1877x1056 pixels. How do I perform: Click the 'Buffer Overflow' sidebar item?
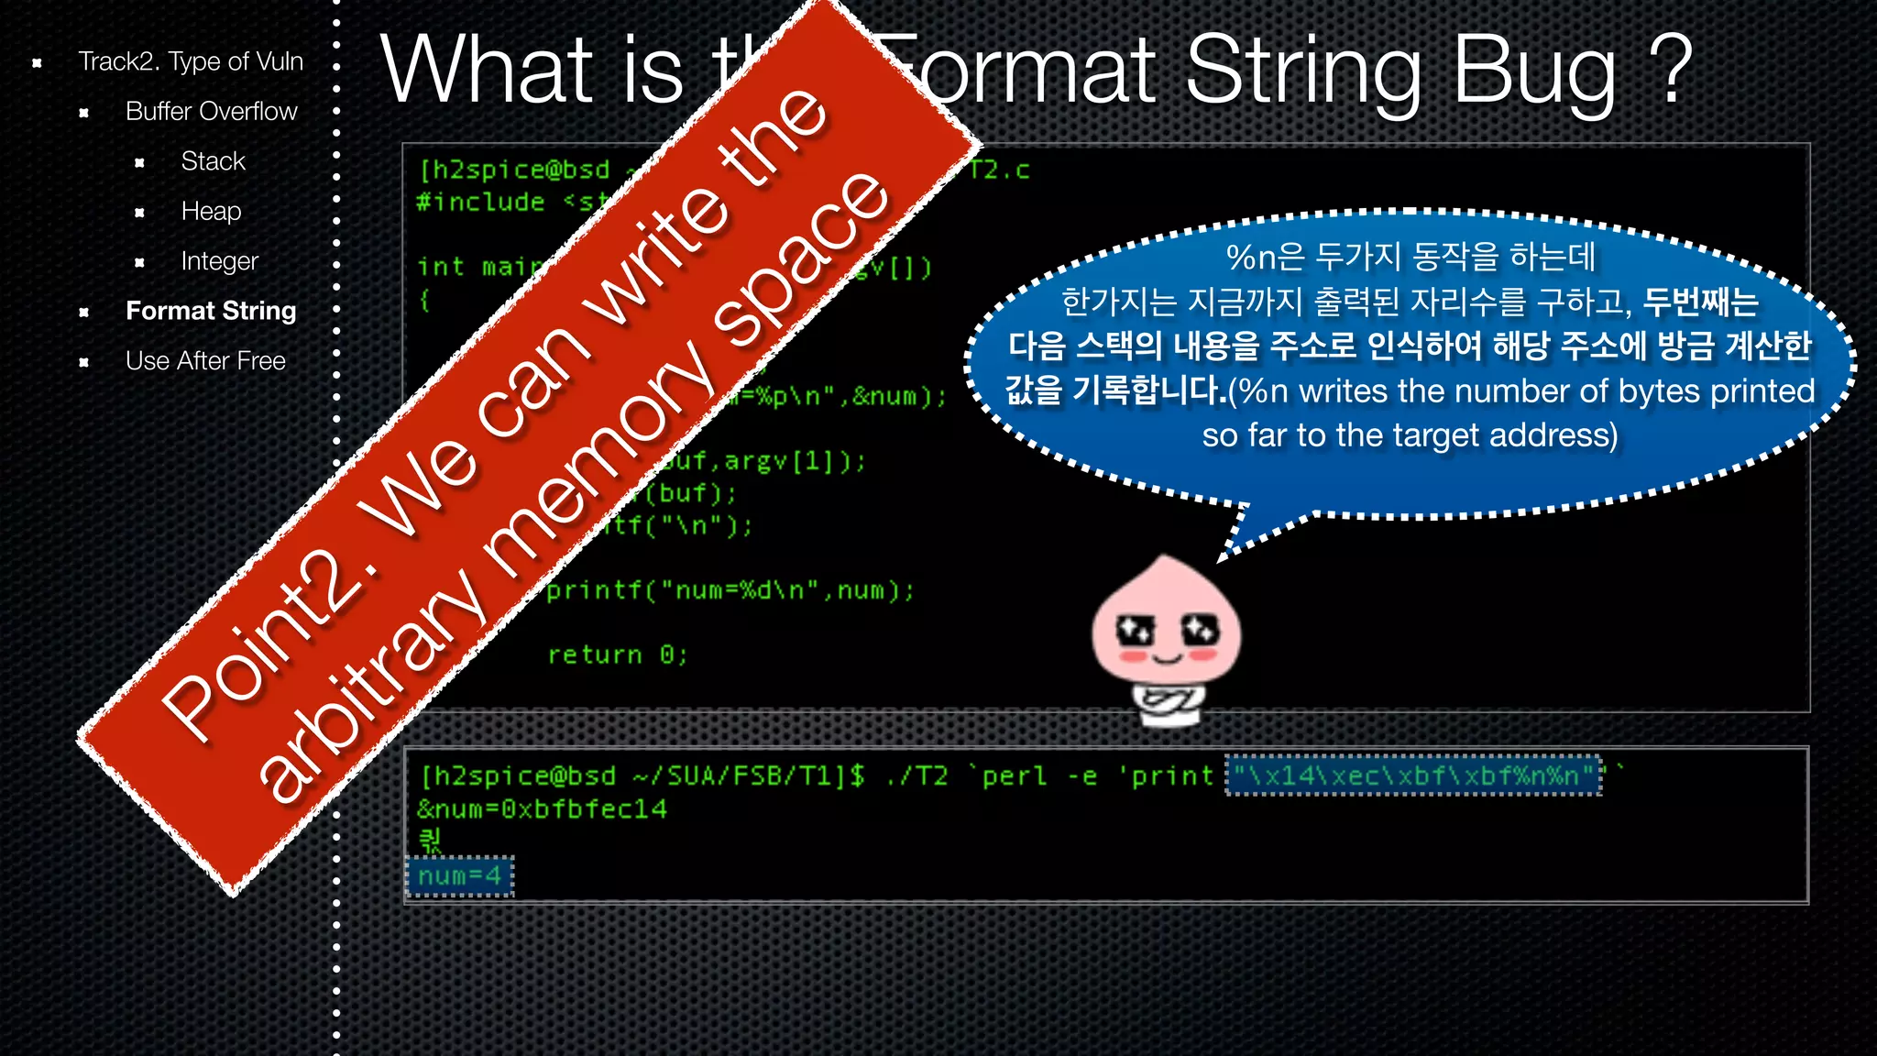click(x=211, y=112)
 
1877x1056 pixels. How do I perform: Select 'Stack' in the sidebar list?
click(x=213, y=161)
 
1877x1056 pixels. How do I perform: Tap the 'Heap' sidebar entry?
click(x=211, y=212)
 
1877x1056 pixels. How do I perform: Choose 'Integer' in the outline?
click(x=219, y=261)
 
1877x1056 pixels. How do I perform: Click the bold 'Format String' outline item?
click(x=211, y=312)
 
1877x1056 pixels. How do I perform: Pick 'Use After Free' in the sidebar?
click(x=205, y=361)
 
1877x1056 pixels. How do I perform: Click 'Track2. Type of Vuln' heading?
click(x=190, y=61)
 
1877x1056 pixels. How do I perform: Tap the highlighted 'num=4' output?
click(x=460, y=876)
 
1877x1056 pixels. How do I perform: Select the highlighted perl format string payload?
click(x=1414, y=776)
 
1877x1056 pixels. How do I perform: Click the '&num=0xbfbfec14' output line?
click(x=542, y=809)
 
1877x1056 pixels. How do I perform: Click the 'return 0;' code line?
click(x=617, y=654)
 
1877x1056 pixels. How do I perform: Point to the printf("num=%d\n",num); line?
click(x=730, y=590)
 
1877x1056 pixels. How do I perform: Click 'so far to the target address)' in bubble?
click(x=1410, y=435)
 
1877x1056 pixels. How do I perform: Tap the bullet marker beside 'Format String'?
click(x=84, y=313)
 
